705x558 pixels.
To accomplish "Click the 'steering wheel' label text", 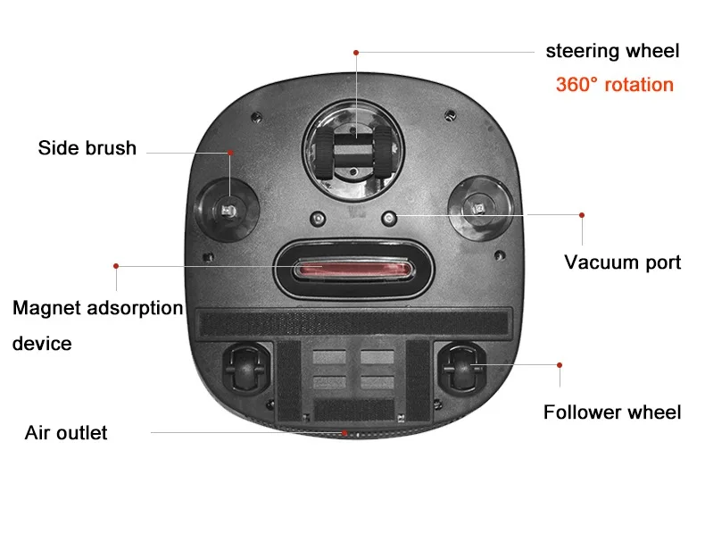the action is tap(612, 51).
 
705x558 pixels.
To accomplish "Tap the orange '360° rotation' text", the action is tap(614, 85).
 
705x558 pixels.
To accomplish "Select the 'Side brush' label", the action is tap(87, 148).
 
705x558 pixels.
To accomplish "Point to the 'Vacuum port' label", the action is tap(622, 262).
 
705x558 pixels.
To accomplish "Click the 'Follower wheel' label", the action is tap(611, 412).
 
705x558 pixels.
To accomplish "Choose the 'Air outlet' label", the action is tap(66, 433).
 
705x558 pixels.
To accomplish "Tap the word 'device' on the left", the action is tap(42, 343).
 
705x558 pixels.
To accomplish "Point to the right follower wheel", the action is tap(462, 366).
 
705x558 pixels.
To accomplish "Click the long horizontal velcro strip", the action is tap(353, 322).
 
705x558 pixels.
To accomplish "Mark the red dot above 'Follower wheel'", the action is tap(560, 364).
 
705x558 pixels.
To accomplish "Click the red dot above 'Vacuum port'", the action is tap(582, 214).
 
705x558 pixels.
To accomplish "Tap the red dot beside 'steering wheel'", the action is tap(355, 53).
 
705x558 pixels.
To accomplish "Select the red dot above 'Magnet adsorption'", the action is tap(116, 265).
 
